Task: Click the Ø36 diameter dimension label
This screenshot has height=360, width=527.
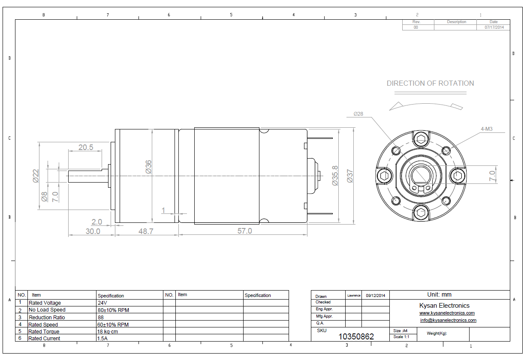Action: (148, 167)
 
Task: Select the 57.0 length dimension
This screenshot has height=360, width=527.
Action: (244, 231)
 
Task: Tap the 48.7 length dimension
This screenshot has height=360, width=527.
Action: (146, 231)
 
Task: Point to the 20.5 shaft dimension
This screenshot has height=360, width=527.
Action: (86, 147)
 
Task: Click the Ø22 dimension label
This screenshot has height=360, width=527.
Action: (36, 176)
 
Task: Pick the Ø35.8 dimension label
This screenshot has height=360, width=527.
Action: (335, 176)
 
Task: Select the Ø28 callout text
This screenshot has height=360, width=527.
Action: (358, 114)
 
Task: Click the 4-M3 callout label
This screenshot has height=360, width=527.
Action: (487, 129)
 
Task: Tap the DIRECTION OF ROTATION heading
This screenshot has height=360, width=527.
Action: (431, 83)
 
